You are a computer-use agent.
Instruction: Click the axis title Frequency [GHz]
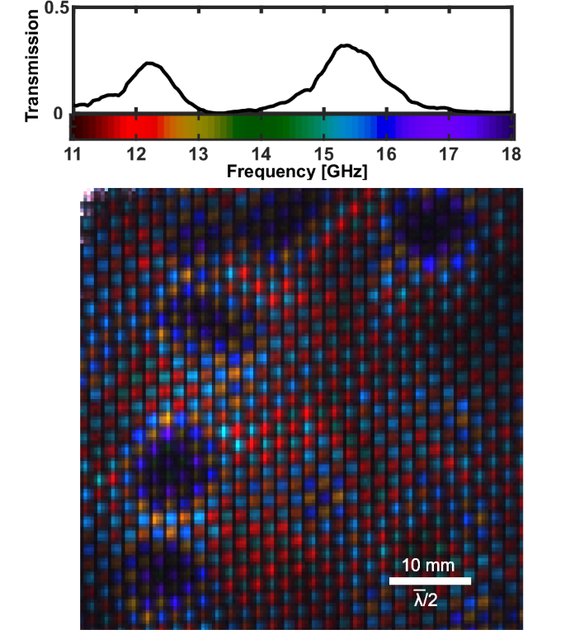291,172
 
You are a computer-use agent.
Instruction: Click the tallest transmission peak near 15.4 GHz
346,46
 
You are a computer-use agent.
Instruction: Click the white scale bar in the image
429,581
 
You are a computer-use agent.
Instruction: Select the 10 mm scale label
428,566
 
